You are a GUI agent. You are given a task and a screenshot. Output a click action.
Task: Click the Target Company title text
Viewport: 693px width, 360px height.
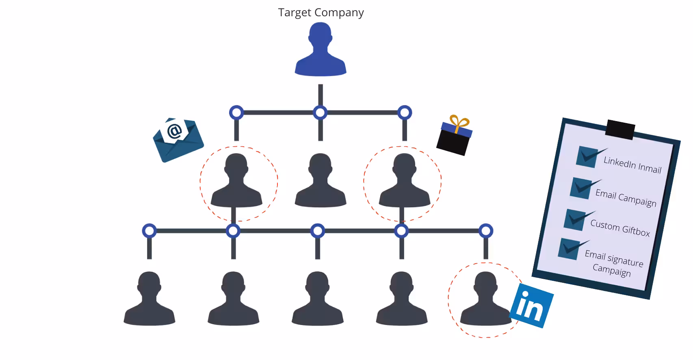321,13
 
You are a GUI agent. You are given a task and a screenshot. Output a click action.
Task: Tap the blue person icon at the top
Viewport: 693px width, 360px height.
321,51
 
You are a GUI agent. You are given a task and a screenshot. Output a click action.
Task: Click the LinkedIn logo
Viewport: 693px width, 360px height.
531,306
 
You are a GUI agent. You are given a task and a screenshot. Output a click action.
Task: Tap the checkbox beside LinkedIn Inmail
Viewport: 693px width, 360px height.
587,157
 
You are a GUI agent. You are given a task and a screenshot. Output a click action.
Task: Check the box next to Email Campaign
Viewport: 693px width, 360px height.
581,188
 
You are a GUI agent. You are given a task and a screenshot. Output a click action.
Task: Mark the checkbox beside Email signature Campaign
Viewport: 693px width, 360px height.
569,249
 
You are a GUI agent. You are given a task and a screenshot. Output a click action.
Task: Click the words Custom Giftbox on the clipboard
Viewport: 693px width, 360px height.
620,228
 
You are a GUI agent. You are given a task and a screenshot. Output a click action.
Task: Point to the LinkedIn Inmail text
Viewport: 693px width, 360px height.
632,165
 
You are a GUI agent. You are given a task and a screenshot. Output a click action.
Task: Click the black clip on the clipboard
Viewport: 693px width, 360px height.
620,129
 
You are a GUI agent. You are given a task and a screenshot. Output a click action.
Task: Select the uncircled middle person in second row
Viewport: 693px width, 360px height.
321,181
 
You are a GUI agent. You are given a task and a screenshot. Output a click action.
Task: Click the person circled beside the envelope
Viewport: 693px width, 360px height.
236,181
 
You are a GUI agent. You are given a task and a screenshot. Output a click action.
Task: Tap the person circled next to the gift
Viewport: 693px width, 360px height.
404,181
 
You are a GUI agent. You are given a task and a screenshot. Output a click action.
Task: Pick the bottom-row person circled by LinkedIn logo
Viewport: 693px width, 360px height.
485,299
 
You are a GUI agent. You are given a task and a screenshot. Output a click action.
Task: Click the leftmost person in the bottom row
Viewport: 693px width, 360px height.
149,299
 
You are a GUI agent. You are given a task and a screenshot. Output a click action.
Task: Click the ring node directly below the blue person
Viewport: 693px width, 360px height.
321,113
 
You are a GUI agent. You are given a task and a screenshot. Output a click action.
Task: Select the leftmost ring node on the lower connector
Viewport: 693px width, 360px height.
149,231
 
